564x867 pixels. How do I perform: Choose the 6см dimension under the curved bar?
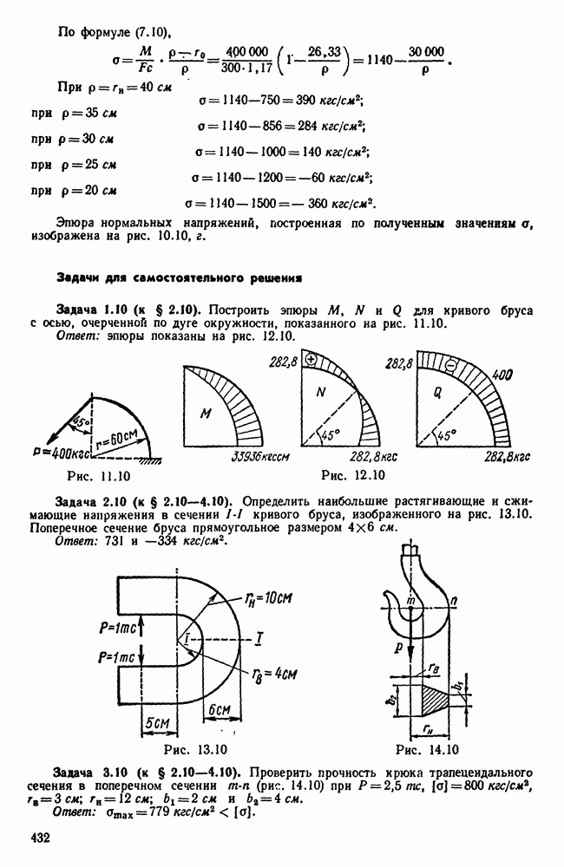[220, 709]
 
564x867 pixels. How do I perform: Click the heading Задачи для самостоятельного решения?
[179, 278]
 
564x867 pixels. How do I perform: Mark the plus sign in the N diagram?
[312, 356]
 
